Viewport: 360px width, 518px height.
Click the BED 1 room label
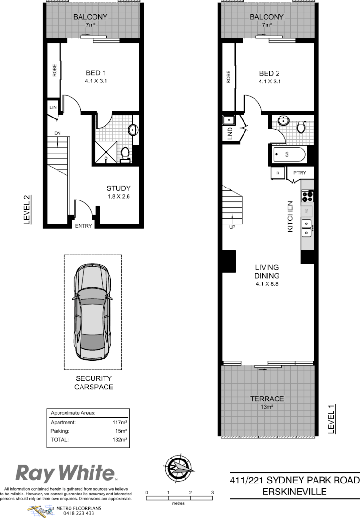click(96, 73)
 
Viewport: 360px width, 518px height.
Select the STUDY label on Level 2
click(119, 188)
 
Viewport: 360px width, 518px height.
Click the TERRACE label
click(267, 399)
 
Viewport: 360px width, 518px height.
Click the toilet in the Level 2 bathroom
click(126, 154)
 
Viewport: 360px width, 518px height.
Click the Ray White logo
click(66, 473)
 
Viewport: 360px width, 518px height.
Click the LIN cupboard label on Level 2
click(52, 108)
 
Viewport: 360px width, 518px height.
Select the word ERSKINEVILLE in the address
click(294, 492)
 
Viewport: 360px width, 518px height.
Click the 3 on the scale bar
click(212, 493)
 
